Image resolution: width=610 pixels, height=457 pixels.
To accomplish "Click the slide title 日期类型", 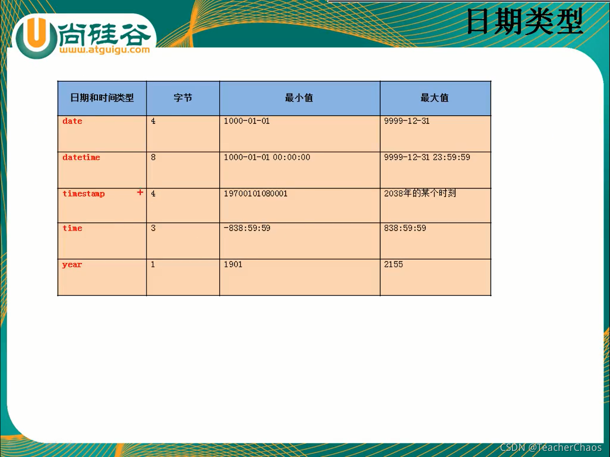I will [x=525, y=22].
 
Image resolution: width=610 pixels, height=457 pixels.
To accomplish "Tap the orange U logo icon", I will [x=36, y=36].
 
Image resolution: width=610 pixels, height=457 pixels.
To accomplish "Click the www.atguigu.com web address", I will [x=104, y=50].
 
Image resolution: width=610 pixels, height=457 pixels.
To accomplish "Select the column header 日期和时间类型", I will [x=102, y=98].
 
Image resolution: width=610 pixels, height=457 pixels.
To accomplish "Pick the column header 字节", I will [x=183, y=98].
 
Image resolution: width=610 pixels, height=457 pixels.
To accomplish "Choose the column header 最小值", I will [x=299, y=98].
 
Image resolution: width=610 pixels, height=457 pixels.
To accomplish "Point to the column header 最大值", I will [x=434, y=98].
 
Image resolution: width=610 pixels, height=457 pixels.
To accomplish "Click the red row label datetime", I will [x=81, y=157].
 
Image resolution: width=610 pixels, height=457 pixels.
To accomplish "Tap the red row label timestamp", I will [x=84, y=193].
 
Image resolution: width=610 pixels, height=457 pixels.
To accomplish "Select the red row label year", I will [x=72, y=265].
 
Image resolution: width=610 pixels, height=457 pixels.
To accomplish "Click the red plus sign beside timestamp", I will [x=140, y=192].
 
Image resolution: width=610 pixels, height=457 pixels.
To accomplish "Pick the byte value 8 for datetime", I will [x=153, y=157].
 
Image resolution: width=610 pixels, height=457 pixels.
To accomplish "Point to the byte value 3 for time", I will [x=153, y=228].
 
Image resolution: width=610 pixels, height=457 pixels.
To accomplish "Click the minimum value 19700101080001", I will [x=255, y=193].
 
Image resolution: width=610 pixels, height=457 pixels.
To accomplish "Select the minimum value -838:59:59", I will [x=247, y=228].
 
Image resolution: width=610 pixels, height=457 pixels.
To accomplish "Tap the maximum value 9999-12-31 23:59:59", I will [x=427, y=157].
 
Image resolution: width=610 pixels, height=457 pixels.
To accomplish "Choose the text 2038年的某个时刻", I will [x=420, y=193].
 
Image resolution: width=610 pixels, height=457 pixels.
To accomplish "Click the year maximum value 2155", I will [x=393, y=264].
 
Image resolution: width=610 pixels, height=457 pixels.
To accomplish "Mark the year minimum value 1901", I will [x=233, y=264].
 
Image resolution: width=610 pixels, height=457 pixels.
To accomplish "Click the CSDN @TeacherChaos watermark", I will [x=551, y=447].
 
